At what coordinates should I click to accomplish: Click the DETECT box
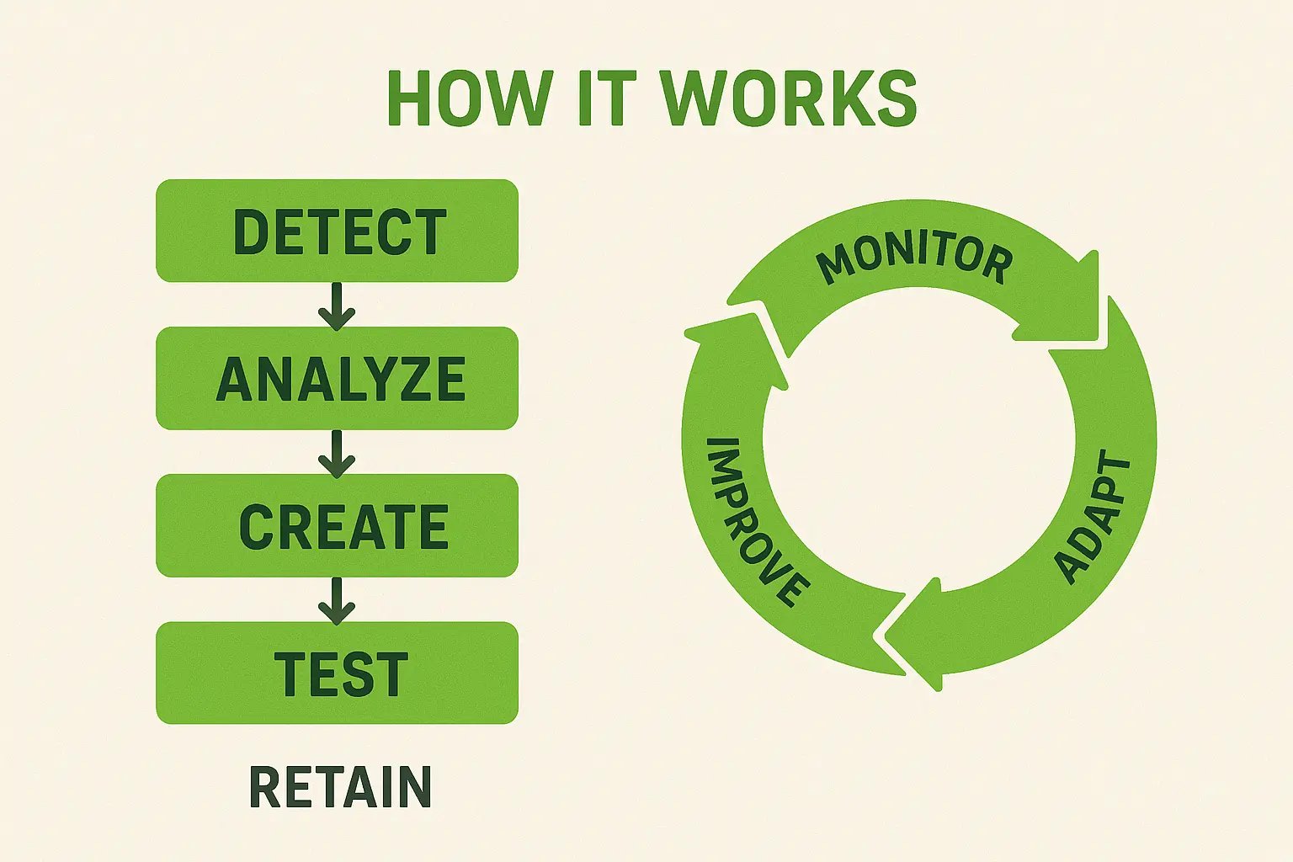pos(337,231)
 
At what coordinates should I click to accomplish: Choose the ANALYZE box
pos(337,378)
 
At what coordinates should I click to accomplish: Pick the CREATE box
pos(337,525)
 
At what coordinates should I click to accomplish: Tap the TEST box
pos(337,673)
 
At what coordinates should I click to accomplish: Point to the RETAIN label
pos(340,787)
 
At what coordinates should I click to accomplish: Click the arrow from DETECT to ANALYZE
pos(337,306)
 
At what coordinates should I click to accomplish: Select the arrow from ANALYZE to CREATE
pos(337,453)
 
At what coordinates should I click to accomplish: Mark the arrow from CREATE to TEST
pos(337,600)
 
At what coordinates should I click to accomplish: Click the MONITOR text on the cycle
pos(915,262)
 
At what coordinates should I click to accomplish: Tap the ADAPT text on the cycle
pos(1093,519)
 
